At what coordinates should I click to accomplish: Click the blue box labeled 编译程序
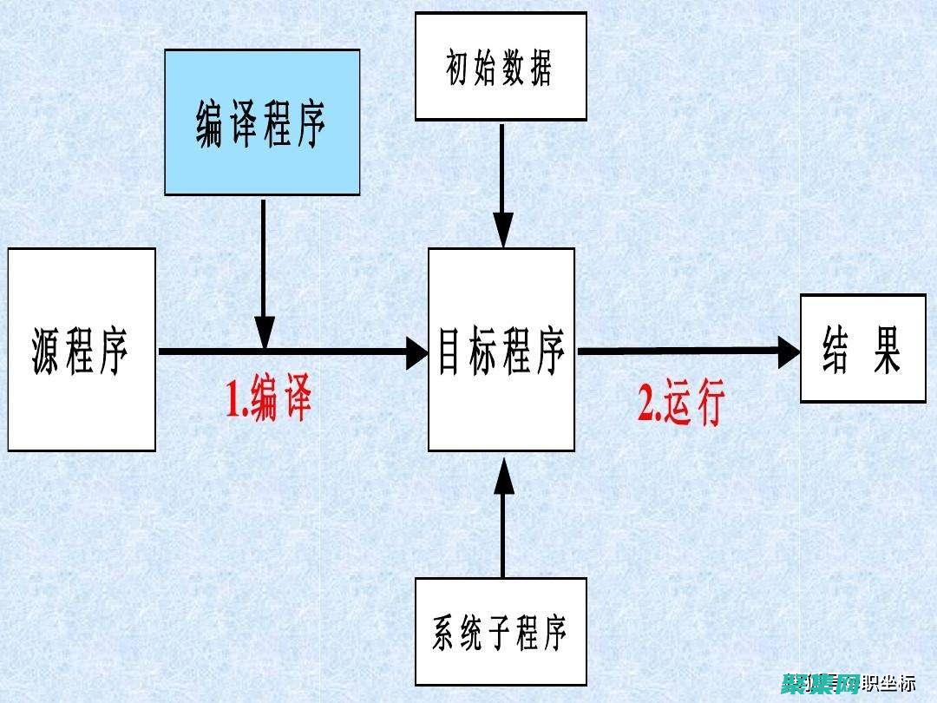click(262, 122)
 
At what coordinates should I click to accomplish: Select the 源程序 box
click(82, 350)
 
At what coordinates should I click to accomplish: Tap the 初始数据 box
click(501, 67)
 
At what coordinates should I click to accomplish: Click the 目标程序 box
click(501, 350)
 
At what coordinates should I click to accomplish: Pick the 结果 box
click(862, 348)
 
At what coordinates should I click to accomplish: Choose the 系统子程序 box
click(501, 631)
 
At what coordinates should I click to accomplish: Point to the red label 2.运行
click(681, 404)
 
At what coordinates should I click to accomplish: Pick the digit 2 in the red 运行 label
click(647, 405)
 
